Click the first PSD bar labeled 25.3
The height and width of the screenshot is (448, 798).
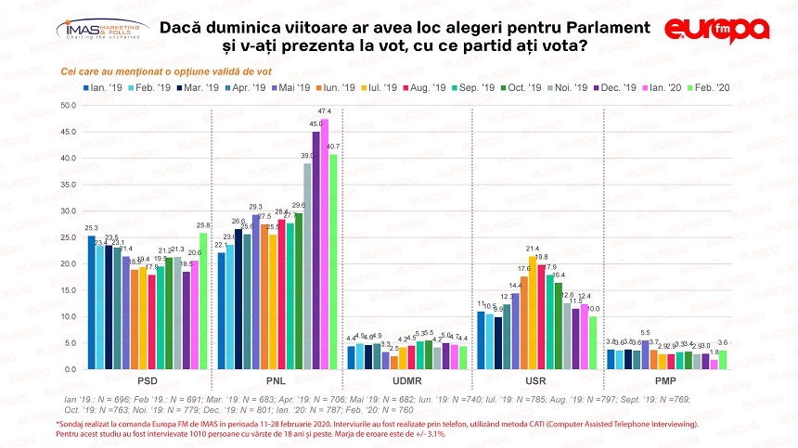click(x=90, y=302)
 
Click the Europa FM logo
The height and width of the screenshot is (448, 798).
click(x=716, y=28)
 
